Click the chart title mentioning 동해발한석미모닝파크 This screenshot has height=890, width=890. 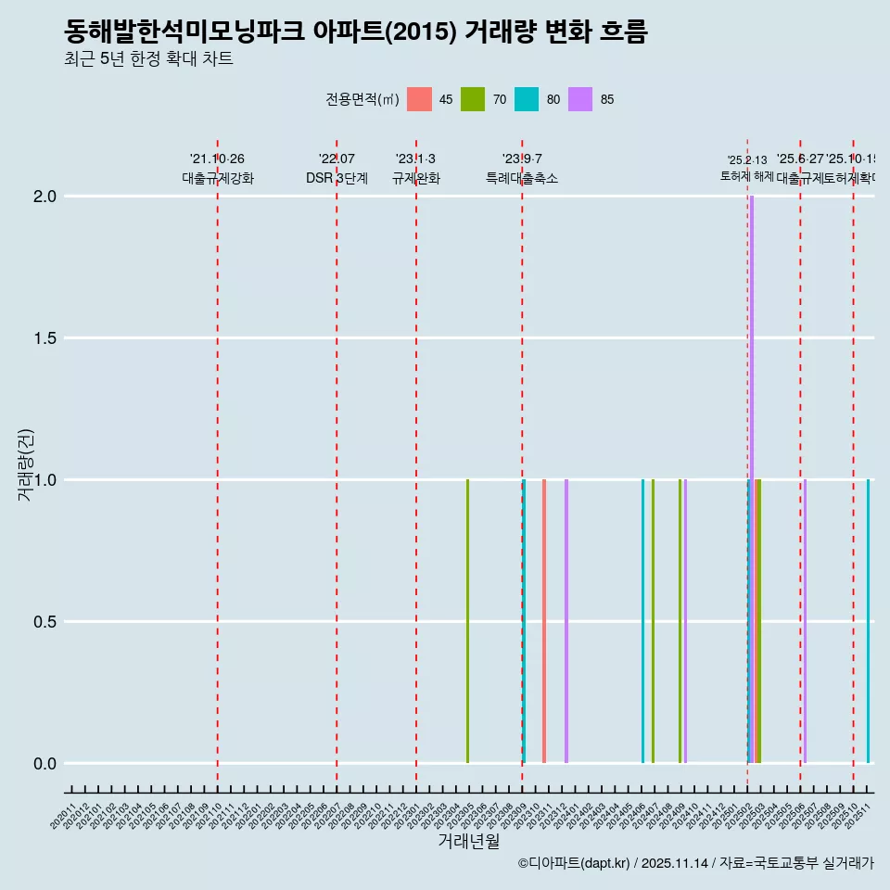(356, 32)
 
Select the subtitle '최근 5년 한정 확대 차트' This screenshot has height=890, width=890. (148, 59)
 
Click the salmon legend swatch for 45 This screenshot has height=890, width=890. (420, 99)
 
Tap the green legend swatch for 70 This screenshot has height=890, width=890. (474, 99)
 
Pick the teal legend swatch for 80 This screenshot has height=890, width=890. (527, 99)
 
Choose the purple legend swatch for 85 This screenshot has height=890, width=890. (580, 99)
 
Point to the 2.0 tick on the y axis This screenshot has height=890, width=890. (44, 197)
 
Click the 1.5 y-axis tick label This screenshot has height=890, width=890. (44, 338)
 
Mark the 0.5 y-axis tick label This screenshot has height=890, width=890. (44, 622)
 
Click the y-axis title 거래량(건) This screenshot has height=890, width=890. (26, 464)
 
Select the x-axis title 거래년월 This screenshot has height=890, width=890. (468, 842)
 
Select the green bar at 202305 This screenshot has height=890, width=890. (467, 621)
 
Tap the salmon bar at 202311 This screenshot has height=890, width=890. (544, 621)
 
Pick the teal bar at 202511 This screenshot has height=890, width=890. (868, 621)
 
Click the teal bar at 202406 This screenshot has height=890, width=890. (642, 621)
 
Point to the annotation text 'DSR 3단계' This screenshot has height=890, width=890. (337, 179)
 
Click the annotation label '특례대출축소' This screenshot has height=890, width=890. (522, 179)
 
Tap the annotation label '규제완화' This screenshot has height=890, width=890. (415, 179)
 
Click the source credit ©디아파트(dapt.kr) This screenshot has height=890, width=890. (575, 863)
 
